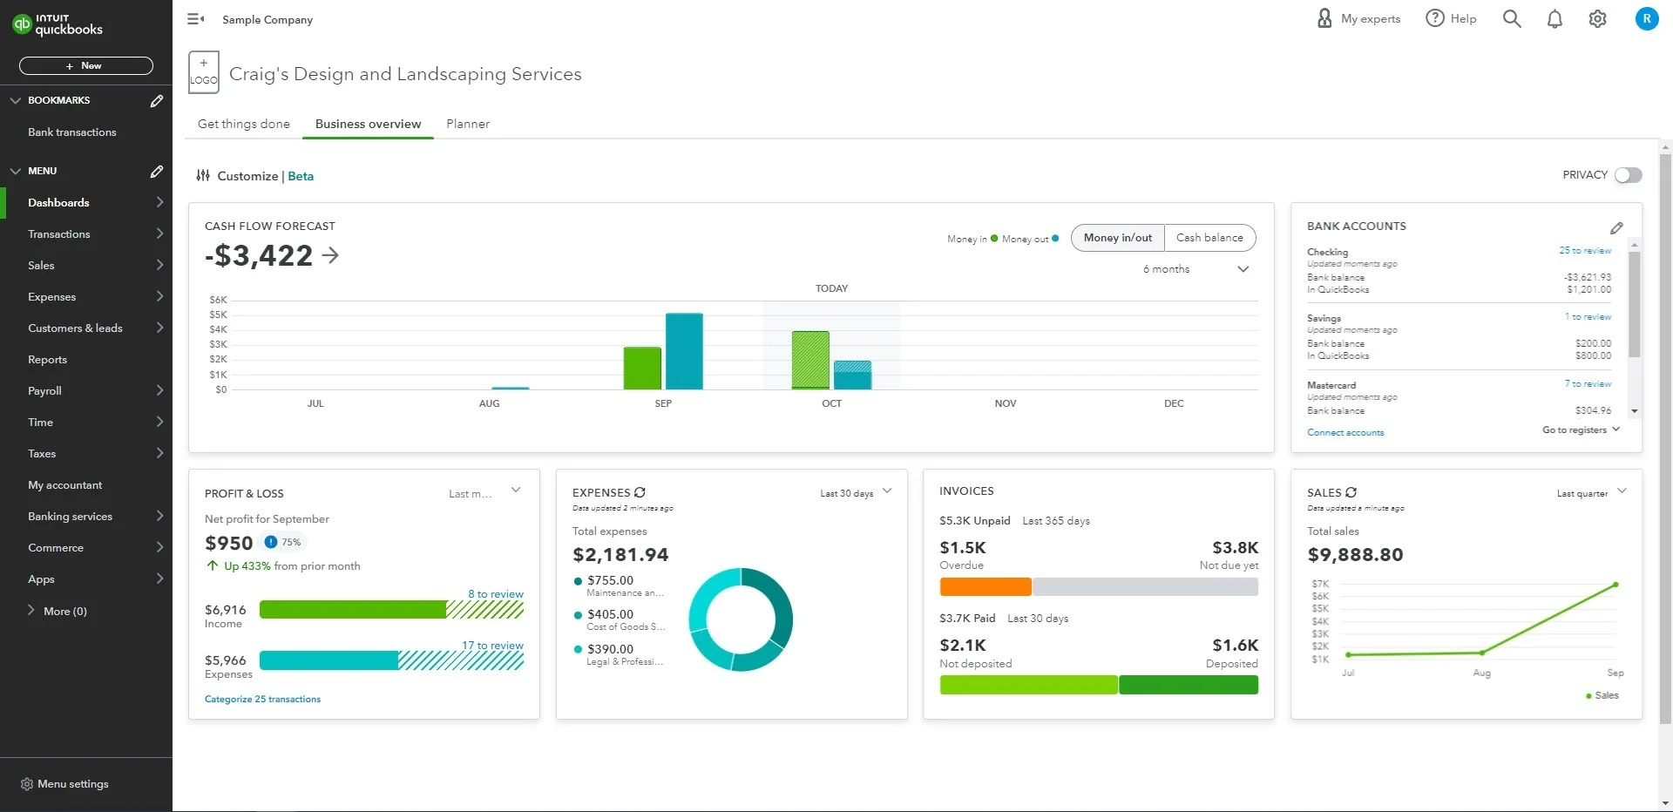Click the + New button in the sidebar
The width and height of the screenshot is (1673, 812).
pos(85,65)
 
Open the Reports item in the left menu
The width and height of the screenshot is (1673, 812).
pos(47,360)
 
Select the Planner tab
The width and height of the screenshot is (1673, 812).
pos(468,124)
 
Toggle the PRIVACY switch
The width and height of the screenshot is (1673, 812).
pos(1628,175)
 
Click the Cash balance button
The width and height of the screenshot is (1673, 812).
pos(1209,238)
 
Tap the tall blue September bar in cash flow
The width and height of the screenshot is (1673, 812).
pos(684,351)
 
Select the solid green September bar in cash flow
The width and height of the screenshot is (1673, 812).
pos(642,368)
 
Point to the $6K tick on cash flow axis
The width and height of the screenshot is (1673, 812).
pos(218,300)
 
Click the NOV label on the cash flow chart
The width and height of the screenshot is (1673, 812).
pos(1006,403)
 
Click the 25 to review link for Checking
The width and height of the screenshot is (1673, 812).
pos(1585,251)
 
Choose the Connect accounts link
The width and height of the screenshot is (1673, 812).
pos(1345,433)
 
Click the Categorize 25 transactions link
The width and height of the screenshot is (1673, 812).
pos(262,700)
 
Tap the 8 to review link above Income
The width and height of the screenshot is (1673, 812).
pos(496,594)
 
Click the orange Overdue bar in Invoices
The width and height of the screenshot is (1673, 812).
pos(986,587)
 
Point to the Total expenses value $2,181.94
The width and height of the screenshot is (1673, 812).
pos(620,555)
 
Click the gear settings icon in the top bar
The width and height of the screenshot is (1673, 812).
pos(1597,19)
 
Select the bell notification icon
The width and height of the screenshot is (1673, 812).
pos(1554,19)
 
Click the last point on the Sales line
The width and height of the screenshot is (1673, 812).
pos(1615,585)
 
